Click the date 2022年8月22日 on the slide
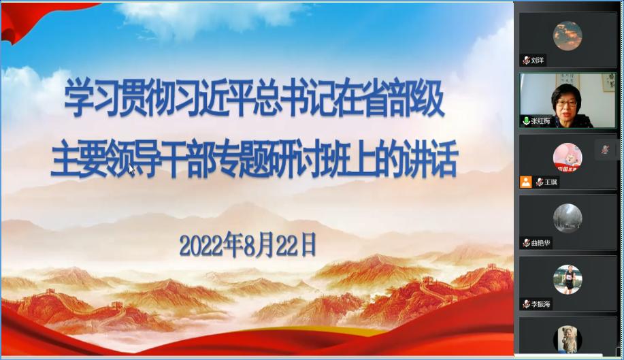click(248, 245)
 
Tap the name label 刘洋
click(538, 61)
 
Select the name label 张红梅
click(540, 121)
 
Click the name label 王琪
click(551, 182)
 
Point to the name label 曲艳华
click(540, 243)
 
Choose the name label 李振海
click(540, 304)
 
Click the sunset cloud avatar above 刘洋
click(568, 36)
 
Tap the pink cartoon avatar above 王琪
click(568, 157)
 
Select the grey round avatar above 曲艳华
click(568, 218)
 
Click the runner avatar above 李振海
click(568, 279)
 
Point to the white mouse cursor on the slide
click(132, 169)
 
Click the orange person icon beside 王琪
click(526, 182)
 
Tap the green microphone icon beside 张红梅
click(526, 121)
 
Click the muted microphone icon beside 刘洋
click(526, 61)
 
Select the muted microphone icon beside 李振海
click(526, 304)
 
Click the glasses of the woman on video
click(566, 103)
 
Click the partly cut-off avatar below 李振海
click(568, 339)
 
